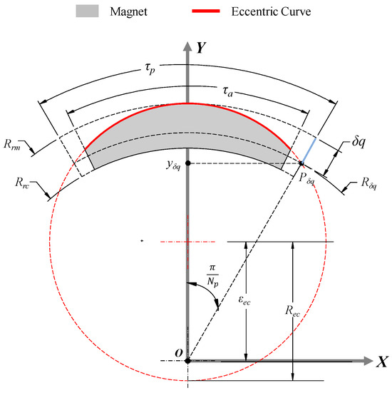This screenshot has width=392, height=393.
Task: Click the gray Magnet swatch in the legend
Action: pyautogui.click(x=87, y=11)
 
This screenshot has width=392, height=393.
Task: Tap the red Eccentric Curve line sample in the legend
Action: pyautogui.click(x=206, y=11)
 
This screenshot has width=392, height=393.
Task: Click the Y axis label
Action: pyautogui.click(x=201, y=48)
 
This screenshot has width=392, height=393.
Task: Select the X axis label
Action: pyautogui.click(x=382, y=362)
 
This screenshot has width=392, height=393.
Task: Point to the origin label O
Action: pyautogui.click(x=179, y=353)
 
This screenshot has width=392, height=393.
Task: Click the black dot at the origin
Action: pyautogui.click(x=187, y=361)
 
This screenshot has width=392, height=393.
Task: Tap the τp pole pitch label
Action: pyautogui.click(x=150, y=68)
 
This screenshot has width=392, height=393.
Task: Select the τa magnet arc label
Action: pyautogui.click(x=227, y=91)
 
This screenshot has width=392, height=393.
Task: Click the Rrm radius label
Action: pyautogui.click(x=12, y=144)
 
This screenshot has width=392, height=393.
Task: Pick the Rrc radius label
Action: pyautogui.click(x=22, y=182)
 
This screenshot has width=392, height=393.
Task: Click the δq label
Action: pyautogui.click(x=359, y=142)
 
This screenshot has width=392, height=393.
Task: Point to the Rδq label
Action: pyautogui.click(x=368, y=183)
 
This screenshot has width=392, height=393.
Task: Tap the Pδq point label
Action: pyautogui.click(x=306, y=178)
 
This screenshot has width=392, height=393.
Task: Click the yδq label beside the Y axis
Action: pyautogui.click(x=173, y=165)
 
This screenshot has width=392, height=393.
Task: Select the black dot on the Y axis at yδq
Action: pyautogui.click(x=188, y=163)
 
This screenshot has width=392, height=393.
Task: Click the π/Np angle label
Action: pyautogui.click(x=212, y=275)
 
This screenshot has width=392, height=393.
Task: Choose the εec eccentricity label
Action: pyautogui.click(x=244, y=300)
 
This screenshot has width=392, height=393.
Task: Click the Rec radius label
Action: pyautogui.click(x=292, y=311)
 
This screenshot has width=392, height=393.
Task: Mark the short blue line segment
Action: pyautogui.click(x=309, y=150)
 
